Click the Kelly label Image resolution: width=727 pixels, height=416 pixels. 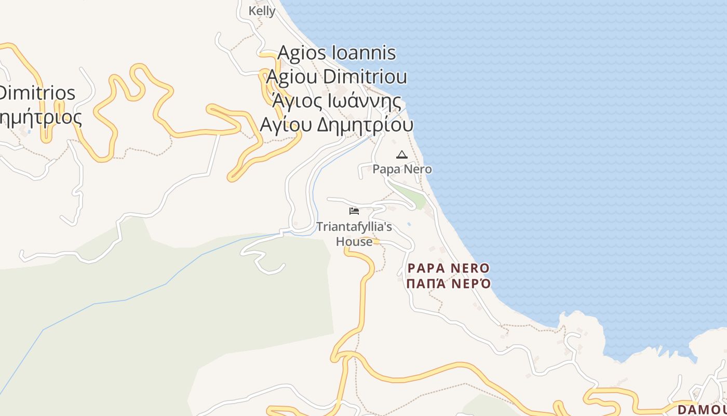point(262,10)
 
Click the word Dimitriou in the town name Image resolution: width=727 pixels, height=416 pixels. point(365,76)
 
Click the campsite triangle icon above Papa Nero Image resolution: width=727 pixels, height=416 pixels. point(401,154)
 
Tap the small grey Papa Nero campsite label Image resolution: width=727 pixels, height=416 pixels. point(402,169)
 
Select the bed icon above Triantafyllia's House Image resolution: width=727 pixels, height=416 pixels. point(354,211)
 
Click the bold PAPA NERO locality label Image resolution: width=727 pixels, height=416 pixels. point(449,268)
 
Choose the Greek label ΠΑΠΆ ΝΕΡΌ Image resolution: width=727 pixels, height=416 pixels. point(449,284)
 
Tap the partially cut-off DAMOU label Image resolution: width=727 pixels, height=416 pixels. point(702,409)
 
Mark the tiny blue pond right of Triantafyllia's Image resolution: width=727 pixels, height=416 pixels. point(409,224)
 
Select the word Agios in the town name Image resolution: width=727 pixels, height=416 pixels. point(302,53)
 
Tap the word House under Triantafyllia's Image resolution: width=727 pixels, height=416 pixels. point(354,241)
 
